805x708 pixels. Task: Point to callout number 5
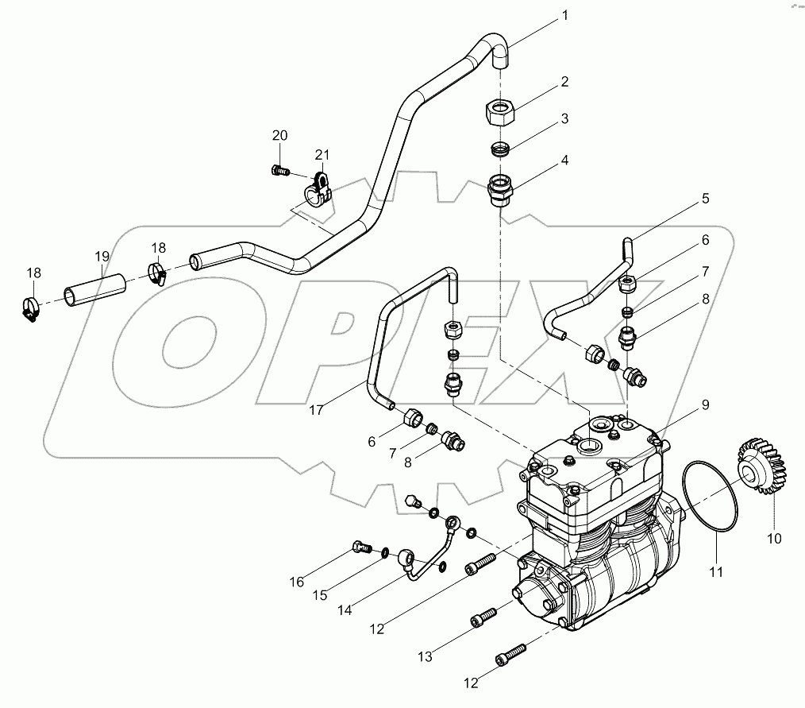point(704,199)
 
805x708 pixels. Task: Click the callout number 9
point(704,404)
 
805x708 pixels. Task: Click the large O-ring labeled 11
point(711,498)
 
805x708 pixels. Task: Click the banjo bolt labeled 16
point(361,547)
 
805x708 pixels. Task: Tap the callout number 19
point(101,256)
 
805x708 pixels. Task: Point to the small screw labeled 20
point(279,169)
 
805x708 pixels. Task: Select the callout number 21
point(321,153)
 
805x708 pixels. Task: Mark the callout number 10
point(773,538)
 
